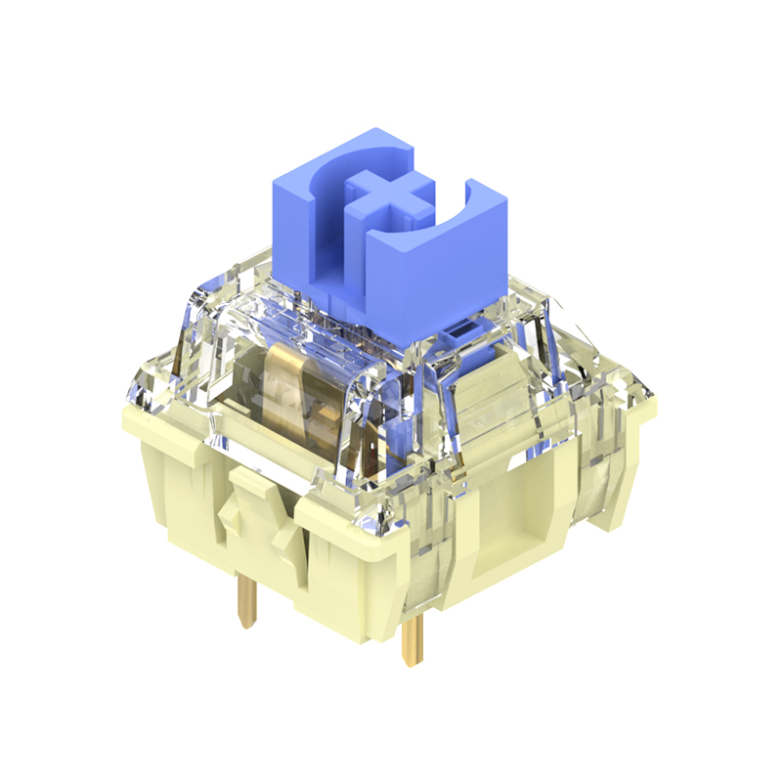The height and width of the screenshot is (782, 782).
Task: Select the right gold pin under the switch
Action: click(414, 635)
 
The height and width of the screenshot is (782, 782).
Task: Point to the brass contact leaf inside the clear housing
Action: click(293, 391)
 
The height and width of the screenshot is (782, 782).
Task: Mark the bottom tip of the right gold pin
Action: click(412, 665)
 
